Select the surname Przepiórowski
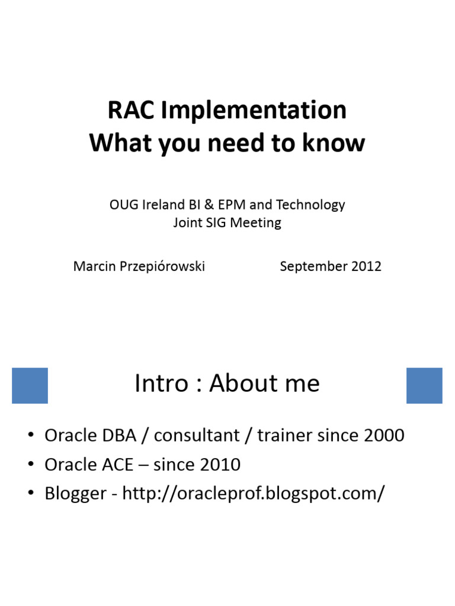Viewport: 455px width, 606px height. (160, 266)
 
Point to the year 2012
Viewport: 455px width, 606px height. (366, 266)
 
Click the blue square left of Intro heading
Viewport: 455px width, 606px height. (30, 385)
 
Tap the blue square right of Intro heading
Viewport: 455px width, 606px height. (424, 385)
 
